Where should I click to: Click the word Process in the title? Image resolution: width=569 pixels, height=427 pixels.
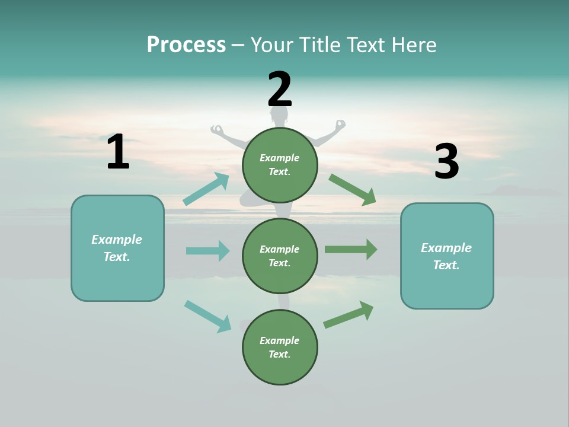click(186, 45)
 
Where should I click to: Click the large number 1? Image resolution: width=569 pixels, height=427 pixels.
click(118, 152)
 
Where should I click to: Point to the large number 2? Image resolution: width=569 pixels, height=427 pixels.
click(280, 90)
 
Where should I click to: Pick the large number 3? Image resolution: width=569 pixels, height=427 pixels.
click(446, 162)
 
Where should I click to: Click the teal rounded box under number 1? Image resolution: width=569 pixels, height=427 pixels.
click(117, 248)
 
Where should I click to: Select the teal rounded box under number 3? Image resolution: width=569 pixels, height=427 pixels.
click(447, 256)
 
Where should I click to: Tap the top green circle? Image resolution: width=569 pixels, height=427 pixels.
click(280, 165)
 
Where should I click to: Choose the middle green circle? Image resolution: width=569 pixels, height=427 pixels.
click(280, 256)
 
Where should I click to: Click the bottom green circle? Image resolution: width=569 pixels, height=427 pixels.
click(280, 347)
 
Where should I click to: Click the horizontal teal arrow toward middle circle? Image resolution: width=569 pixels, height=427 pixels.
click(207, 251)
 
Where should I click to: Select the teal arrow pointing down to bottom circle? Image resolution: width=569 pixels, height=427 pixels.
click(207, 316)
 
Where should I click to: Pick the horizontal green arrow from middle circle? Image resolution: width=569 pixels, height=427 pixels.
click(351, 250)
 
